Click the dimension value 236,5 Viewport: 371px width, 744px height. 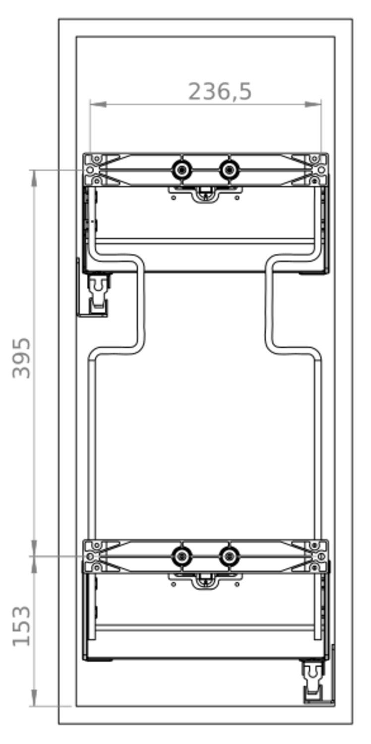220,91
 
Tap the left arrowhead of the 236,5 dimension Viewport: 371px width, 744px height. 98,104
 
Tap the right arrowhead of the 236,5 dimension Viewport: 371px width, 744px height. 313,104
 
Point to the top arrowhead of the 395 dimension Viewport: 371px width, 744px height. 34,178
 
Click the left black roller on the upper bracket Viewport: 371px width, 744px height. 182,170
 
